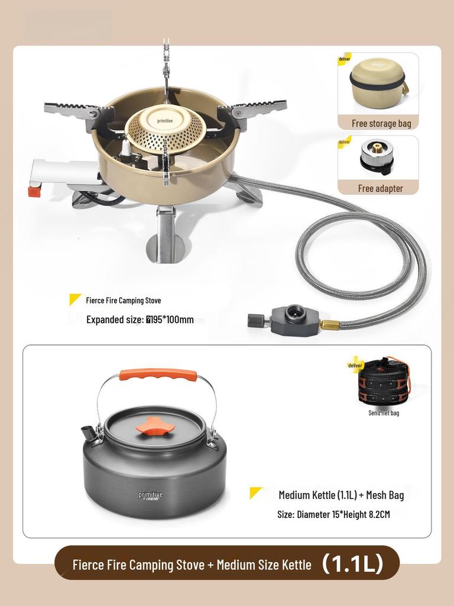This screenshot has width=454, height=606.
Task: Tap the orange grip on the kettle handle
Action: point(158,375)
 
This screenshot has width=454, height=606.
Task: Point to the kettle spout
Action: point(89,434)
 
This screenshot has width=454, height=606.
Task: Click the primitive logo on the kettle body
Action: point(151,495)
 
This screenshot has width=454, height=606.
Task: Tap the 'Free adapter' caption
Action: point(380,188)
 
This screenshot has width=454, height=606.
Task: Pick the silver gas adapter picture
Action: point(377,157)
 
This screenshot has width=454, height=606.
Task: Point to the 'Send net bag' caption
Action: point(384,412)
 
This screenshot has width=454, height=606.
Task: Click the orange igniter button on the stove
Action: point(34,191)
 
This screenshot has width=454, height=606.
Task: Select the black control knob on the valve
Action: point(255,320)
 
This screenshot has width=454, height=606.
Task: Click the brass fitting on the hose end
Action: point(329,324)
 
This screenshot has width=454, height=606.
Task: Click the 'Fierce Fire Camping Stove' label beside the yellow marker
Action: point(123,301)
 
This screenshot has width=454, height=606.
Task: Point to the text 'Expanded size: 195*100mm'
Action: point(140,320)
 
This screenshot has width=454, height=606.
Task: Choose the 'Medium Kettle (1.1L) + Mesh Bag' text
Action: point(341,495)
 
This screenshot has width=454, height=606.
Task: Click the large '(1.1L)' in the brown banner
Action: point(353,564)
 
